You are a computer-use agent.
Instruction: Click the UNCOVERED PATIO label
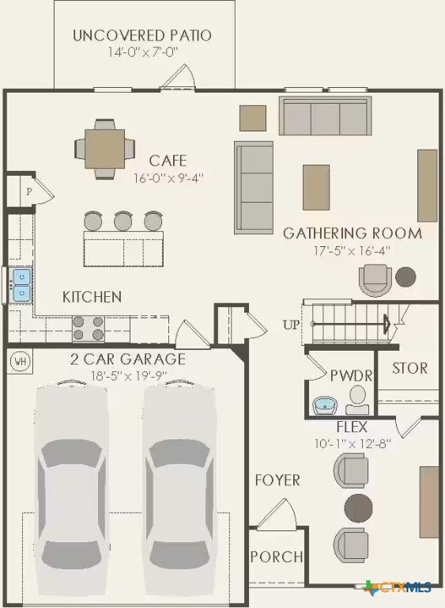pos(142,36)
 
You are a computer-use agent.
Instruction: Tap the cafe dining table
pos(104,149)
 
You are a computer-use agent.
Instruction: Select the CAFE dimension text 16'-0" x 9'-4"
pos(168,178)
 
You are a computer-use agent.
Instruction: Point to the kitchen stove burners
pos(89,328)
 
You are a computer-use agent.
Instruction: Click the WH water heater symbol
pos(20,361)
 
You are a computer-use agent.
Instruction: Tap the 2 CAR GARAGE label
pos(128,359)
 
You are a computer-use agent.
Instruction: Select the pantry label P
pos(28,191)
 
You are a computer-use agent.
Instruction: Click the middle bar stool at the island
pos(123,221)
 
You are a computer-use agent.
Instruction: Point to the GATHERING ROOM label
pos(353,233)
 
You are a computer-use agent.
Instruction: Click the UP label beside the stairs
pos(291,325)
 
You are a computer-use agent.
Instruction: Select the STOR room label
pos(409,368)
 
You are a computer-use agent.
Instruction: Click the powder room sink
pos(325,405)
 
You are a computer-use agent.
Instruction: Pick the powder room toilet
pos(357,400)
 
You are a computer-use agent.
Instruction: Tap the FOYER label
pos(277,480)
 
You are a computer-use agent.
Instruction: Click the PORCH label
pos(277,557)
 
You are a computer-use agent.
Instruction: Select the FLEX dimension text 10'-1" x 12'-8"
pos(353,443)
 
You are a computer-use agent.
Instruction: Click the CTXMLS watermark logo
pos(398,587)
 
